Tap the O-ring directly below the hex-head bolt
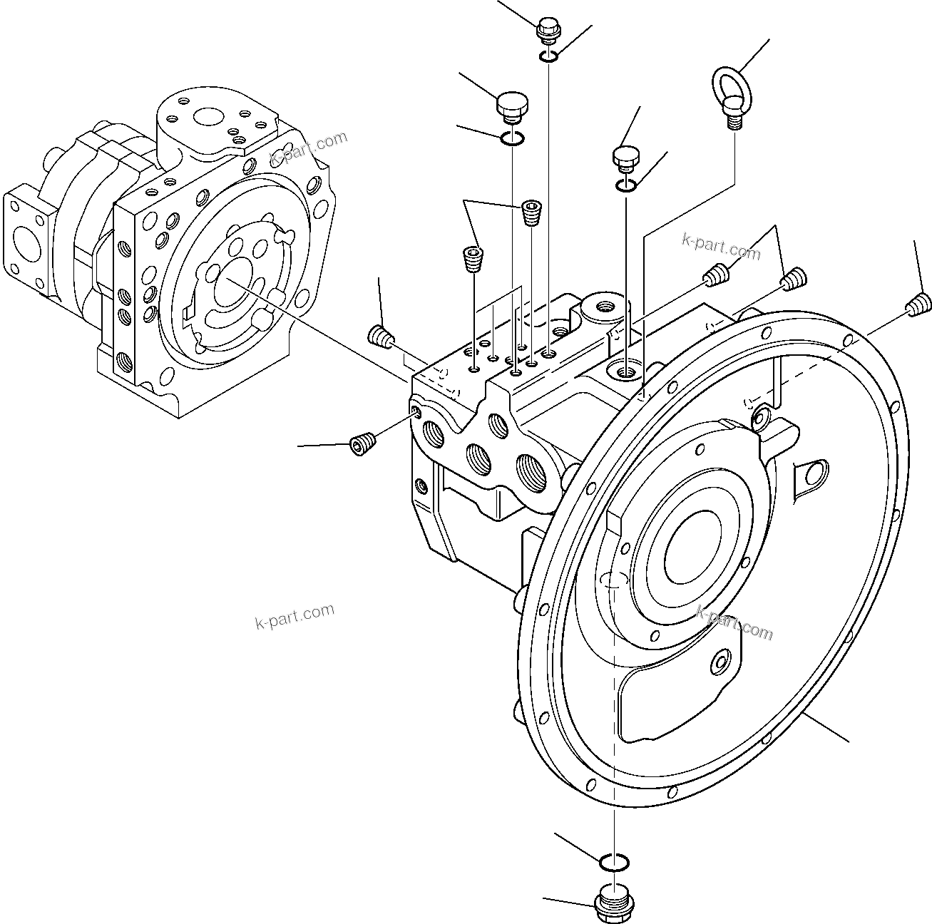click(x=548, y=56)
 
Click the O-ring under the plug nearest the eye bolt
click(x=625, y=185)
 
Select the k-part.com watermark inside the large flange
click(x=734, y=622)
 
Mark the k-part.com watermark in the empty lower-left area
click(x=294, y=617)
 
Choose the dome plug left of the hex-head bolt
click(x=511, y=107)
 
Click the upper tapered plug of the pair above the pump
click(x=531, y=212)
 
